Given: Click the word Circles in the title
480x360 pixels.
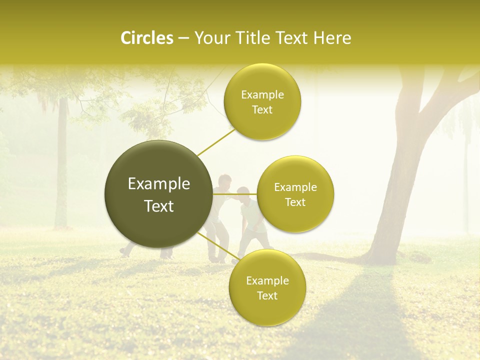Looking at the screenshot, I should coord(146,38).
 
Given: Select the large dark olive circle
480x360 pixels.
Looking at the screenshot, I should coord(159,194).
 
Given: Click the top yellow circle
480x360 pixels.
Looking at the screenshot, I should coord(262,102).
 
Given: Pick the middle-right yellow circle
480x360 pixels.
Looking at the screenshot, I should coord(295,194).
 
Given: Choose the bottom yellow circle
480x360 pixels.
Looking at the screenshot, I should coord(267,288).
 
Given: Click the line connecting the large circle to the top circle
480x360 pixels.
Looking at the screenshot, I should coord(216,142).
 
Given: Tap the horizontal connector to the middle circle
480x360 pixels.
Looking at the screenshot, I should coord(235,194).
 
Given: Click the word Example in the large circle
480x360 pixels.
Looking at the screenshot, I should coord(159,184).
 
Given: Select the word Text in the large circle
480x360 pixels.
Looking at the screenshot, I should coord(159,206).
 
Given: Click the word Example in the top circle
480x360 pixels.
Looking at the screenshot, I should coord(262,95).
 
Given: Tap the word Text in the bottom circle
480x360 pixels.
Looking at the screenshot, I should coord(267,295).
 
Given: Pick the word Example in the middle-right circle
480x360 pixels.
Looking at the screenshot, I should coord(295,187).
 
